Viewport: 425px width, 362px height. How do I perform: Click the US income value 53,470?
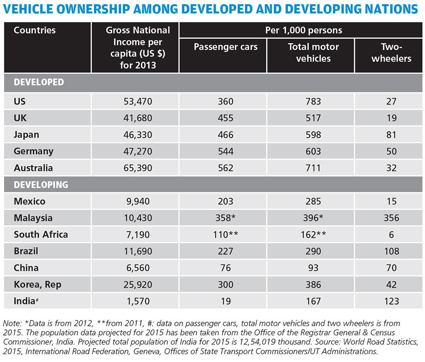(x=135, y=101)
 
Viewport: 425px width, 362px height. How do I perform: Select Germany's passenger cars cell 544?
(x=226, y=151)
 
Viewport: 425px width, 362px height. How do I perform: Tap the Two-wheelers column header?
(x=391, y=53)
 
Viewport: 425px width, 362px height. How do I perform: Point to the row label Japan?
(x=26, y=135)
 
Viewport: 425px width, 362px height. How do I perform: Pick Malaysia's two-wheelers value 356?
(x=391, y=218)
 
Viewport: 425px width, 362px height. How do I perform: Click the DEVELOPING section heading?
(x=41, y=185)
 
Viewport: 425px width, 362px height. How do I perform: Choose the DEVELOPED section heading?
(x=39, y=82)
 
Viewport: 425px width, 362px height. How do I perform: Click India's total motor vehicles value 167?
(x=313, y=301)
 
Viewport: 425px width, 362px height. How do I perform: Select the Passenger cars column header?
(x=226, y=47)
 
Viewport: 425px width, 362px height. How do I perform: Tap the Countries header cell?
(x=34, y=30)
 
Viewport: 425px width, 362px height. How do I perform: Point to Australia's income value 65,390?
(x=135, y=168)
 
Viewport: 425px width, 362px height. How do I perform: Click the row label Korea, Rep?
(x=37, y=284)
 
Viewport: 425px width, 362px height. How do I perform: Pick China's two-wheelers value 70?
(x=391, y=268)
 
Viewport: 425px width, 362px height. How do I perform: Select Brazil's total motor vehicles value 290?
(x=313, y=251)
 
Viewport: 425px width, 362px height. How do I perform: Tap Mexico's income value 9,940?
(x=135, y=201)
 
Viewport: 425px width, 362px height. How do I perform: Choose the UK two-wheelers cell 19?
(x=391, y=118)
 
